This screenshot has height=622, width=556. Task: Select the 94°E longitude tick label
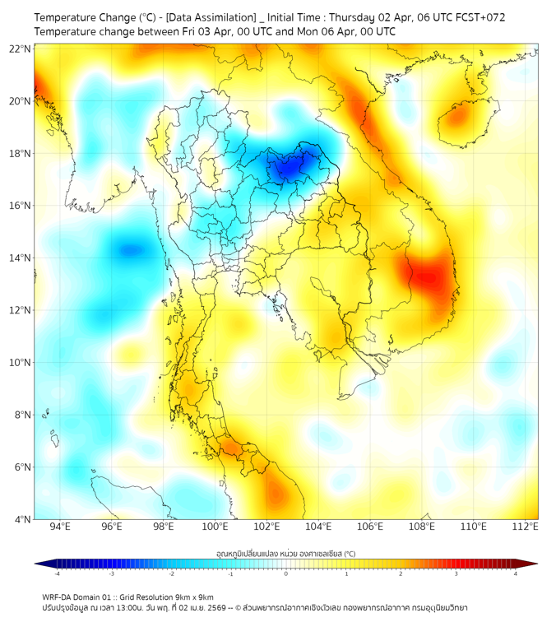(x=60, y=527)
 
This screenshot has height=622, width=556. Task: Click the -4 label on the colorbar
(x=57, y=573)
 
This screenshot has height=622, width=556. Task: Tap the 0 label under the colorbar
(x=286, y=573)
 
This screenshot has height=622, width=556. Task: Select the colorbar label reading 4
(x=516, y=573)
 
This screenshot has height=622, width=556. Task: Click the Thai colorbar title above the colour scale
(x=285, y=554)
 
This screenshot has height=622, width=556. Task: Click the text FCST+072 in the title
(x=480, y=16)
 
